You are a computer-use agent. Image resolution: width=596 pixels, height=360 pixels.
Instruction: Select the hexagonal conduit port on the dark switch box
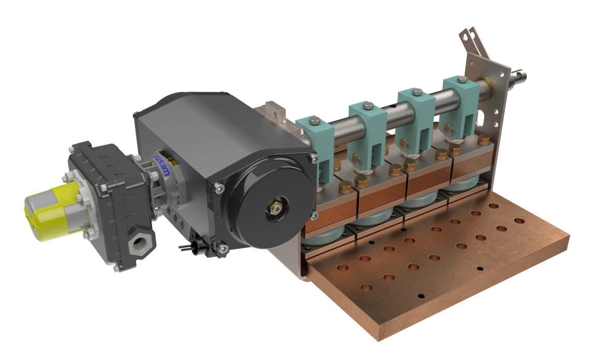tap(139, 243)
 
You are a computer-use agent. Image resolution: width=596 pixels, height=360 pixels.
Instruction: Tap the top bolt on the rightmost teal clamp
tap(462, 79)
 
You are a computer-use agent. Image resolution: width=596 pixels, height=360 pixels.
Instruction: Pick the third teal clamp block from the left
tap(415, 116)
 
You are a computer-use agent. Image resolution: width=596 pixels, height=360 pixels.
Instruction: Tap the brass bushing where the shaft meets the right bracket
tap(487, 82)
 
